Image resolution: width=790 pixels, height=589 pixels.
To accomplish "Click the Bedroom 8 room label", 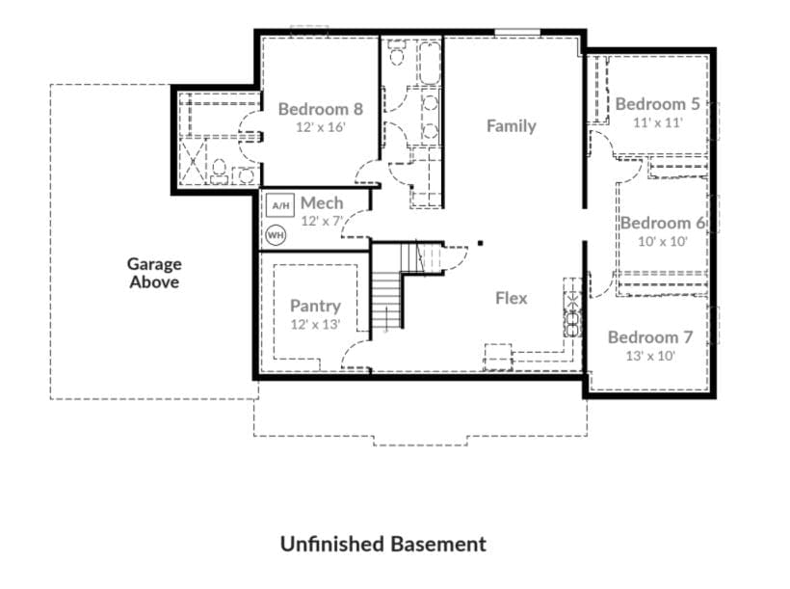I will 320,109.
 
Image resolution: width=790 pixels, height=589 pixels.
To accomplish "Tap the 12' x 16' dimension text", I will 320,127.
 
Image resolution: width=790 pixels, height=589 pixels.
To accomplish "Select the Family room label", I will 511,126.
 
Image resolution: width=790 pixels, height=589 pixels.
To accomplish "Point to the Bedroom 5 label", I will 657,104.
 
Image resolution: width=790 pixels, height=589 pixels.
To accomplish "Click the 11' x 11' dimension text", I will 657,122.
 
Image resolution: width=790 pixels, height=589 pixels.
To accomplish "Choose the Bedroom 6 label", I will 662,224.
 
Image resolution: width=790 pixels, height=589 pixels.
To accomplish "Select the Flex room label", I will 511,298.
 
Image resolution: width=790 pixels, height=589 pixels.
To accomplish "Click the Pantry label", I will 315,307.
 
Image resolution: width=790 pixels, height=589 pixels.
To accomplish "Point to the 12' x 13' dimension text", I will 315,325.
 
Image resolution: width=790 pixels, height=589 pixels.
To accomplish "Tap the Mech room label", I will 321,203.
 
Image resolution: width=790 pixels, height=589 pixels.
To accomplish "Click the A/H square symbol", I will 279,206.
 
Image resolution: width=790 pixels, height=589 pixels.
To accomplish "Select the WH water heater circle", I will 276,234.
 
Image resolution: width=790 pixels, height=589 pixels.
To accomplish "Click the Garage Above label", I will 154,273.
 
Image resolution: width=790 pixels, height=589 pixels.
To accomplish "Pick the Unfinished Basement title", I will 382,544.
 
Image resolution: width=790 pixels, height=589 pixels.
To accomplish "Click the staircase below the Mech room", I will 387,299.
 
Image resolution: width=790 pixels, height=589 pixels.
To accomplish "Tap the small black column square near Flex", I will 480,244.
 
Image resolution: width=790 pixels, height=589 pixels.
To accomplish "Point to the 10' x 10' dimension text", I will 662,242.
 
